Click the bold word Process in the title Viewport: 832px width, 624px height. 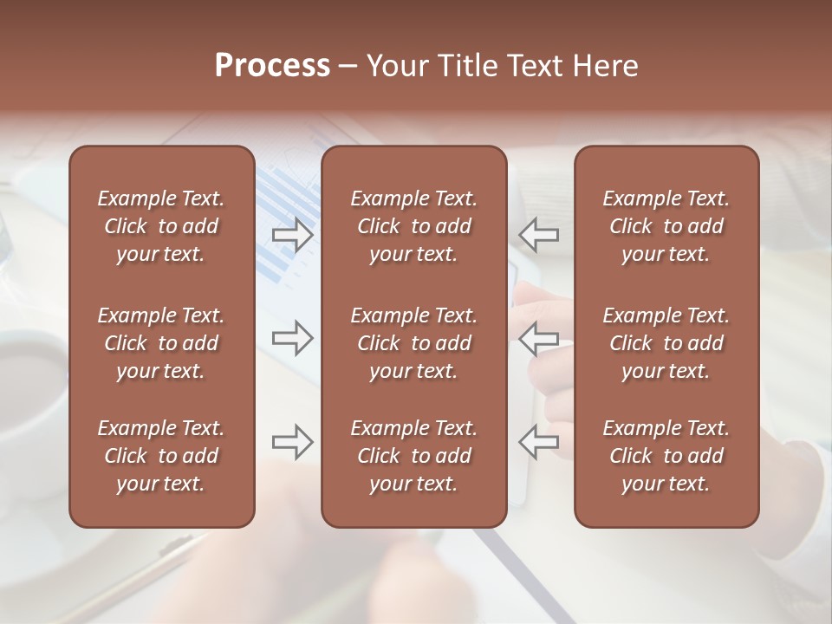[x=272, y=66]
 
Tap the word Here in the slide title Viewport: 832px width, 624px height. [x=606, y=66]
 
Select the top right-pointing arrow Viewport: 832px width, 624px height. [x=293, y=234]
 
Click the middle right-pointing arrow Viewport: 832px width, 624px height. [x=293, y=338]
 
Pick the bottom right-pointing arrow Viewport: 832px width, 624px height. [x=293, y=442]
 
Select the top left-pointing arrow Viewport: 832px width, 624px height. [x=539, y=234]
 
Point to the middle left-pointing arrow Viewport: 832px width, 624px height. [x=539, y=338]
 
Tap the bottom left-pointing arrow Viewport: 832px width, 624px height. [x=539, y=442]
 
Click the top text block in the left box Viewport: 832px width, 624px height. [x=161, y=226]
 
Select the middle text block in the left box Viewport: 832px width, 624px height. [x=161, y=343]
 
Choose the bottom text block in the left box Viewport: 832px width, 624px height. [x=161, y=456]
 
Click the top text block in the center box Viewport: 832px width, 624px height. [x=413, y=226]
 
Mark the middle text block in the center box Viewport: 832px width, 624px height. [x=413, y=343]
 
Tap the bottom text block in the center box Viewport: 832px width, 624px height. [x=413, y=456]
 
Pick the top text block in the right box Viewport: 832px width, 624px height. [x=666, y=226]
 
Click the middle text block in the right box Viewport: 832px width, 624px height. [x=666, y=343]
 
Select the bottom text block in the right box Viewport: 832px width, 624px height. [x=666, y=456]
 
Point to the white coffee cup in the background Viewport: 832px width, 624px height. [x=30, y=381]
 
